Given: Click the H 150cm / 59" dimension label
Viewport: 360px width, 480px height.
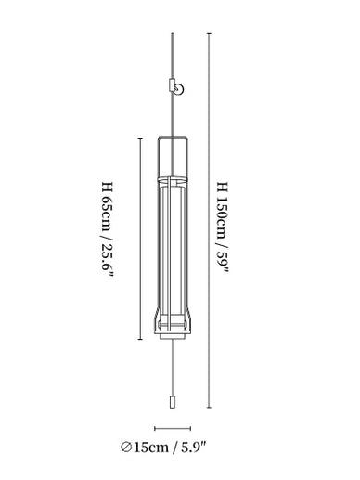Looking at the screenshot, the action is tap(223, 228).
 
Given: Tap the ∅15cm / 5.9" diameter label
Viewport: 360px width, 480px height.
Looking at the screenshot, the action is tap(163, 448).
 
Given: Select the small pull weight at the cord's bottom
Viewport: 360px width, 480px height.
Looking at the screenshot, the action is tap(173, 401).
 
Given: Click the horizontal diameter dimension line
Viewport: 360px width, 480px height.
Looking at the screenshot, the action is tap(173, 428).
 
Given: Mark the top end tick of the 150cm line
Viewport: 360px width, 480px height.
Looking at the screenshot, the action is tap(210, 33).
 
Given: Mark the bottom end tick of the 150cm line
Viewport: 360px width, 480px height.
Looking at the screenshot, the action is tap(210, 408).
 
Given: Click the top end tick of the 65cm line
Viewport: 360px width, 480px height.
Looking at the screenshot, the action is tap(140, 138).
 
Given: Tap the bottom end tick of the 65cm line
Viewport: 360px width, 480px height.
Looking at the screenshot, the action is tap(140, 340).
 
